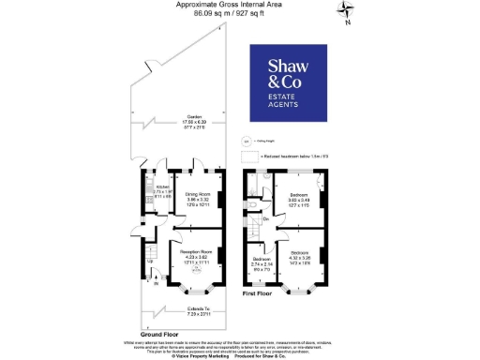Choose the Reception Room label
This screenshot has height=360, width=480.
(x=192, y=253)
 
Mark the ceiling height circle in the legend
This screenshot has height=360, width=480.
(x=247, y=141)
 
